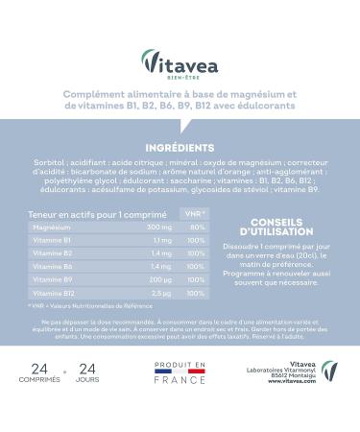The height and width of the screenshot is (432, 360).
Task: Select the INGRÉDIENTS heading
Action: tap(180, 149)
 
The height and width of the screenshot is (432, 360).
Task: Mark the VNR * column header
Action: tap(196, 212)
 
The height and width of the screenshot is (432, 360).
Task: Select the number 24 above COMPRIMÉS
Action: tap(38, 369)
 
